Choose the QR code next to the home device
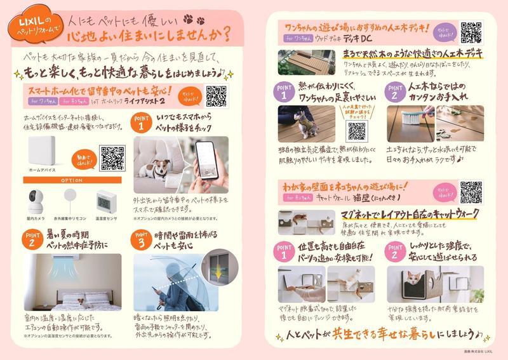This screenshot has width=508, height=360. [112, 157]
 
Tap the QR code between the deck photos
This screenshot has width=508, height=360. [357, 132]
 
